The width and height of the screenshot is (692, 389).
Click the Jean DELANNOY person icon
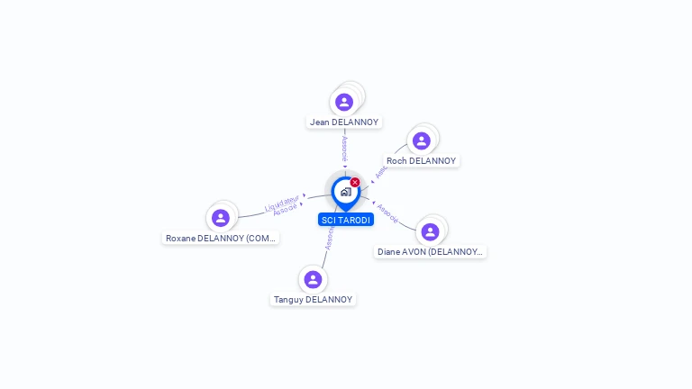pyautogui.click(x=344, y=102)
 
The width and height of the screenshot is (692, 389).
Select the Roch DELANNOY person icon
pyautogui.click(x=421, y=141)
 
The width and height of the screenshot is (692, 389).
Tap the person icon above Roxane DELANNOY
pyautogui.click(x=221, y=218)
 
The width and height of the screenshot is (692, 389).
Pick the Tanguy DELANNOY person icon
pyautogui.click(x=313, y=279)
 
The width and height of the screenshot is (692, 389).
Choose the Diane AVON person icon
pyautogui.click(x=430, y=231)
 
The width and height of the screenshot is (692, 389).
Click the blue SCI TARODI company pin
pyautogui.click(x=345, y=192)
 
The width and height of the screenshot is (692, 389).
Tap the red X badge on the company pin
pyautogui.click(x=355, y=182)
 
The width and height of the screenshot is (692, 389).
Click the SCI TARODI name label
pyautogui.click(x=345, y=220)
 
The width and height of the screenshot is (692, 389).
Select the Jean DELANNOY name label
pyautogui.click(x=344, y=122)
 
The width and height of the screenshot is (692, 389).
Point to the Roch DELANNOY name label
pyautogui.click(x=422, y=161)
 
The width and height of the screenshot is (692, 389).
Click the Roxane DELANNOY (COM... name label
pyautogui.click(x=221, y=239)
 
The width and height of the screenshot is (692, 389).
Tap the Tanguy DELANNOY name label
pyautogui.click(x=313, y=299)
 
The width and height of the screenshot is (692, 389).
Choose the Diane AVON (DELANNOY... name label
pyautogui.click(x=431, y=252)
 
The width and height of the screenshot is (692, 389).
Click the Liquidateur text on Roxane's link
pyautogui.click(x=281, y=203)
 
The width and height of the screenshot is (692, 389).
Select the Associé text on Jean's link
pyautogui.click(x=344, y=148)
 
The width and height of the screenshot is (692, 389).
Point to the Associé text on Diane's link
pyautogui.click(x=387, y=213)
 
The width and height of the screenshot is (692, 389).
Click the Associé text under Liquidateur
pyautogui.click(x=286, y=210)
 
